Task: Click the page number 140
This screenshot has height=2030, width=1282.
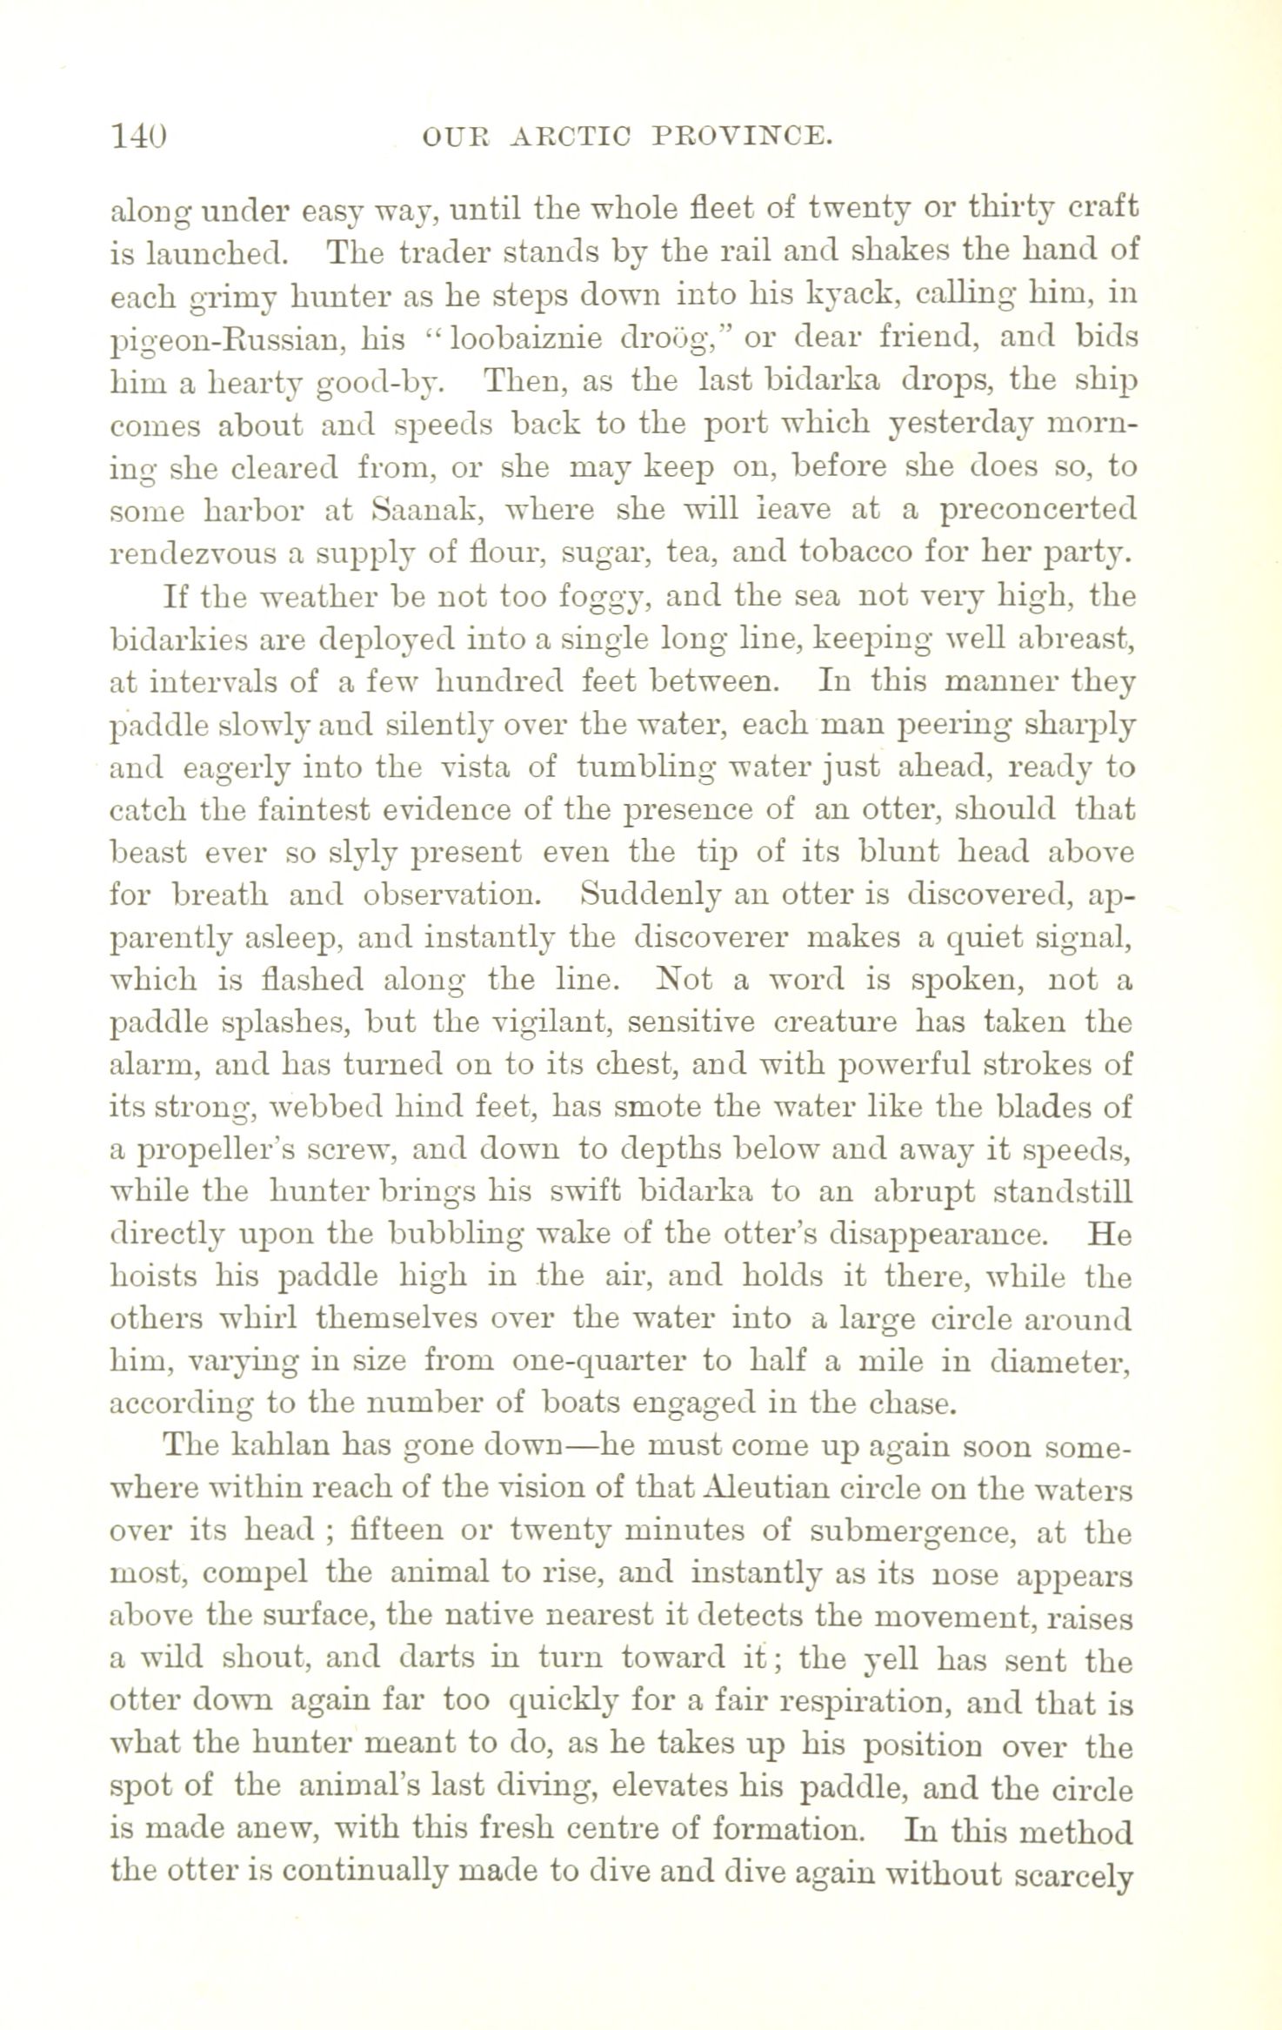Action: click(x=139, y=137)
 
